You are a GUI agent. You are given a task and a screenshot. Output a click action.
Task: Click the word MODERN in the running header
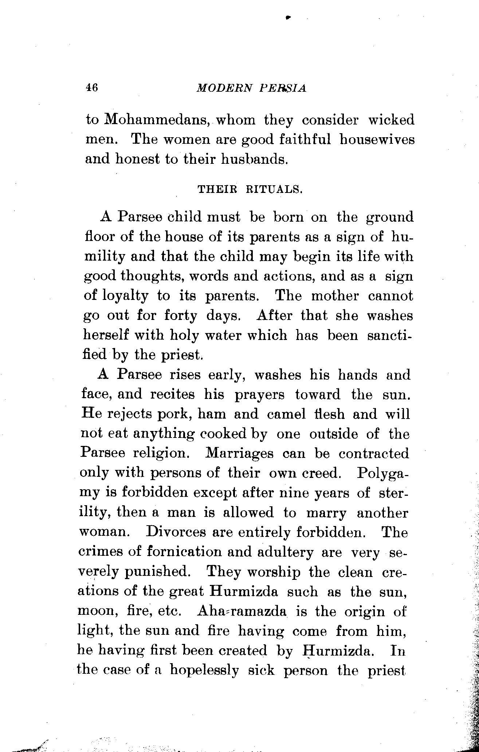[224, 88]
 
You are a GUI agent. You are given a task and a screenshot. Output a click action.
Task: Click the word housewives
[377, 139]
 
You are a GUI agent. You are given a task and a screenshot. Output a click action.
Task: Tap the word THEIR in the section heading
[217, 190]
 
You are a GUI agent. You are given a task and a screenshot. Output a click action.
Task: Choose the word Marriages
[239, 454]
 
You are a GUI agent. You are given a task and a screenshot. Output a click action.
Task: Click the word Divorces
[176, 533]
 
